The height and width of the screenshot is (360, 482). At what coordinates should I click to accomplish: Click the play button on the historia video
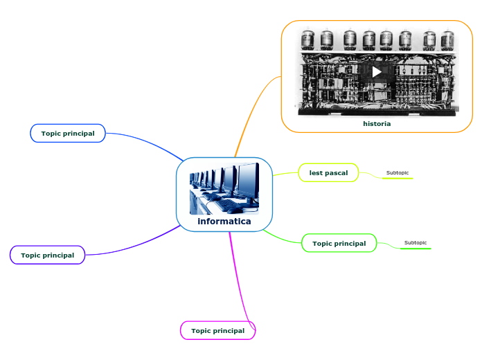[x=377, y=71]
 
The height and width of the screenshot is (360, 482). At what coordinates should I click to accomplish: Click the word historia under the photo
[x=377, y=124]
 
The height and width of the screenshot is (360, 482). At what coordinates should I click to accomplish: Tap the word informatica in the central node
[x=224, y=222]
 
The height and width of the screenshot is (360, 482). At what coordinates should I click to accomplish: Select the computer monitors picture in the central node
[x=224, y=188]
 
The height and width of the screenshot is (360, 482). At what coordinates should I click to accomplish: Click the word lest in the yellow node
[x=316, y=172]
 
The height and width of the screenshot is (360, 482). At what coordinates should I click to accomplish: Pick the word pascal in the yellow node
[x=336, y=172]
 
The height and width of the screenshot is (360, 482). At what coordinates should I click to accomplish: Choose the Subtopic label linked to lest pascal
[x=398, y=172]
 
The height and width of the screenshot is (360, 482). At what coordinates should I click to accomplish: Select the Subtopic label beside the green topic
[x=416, y=242]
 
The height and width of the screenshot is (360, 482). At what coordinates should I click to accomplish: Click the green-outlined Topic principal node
[x=339, y=244]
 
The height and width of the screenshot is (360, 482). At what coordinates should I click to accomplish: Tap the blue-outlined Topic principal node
[x=68, y=133]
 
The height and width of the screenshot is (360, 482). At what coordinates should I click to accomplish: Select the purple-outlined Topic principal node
[x=48, y=255]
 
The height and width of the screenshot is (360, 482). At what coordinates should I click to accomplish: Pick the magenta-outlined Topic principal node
[x=218, y=331]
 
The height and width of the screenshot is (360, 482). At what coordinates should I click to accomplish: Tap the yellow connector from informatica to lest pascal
[x=285, y=174]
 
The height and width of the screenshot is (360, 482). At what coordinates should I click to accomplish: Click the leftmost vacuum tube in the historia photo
[x=307, y=39]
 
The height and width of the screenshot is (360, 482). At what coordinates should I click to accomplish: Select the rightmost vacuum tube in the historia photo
[x=448, y=40]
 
